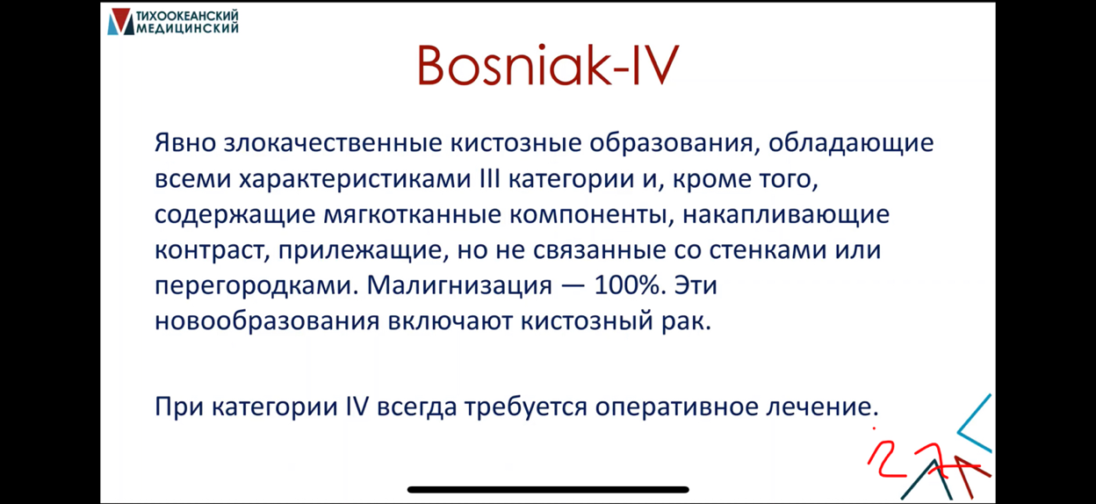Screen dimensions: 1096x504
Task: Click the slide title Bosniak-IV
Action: point(547,66)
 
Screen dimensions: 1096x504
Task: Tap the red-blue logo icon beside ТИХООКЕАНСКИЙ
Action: point(120,22)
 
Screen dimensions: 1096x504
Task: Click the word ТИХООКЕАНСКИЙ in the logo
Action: point(187,16)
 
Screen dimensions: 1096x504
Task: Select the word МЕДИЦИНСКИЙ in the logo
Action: point(187,28)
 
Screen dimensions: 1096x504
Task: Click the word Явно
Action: point(185,143)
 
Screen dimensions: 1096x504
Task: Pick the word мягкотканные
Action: point(412,215)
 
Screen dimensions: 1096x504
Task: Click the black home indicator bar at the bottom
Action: point(548,489)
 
